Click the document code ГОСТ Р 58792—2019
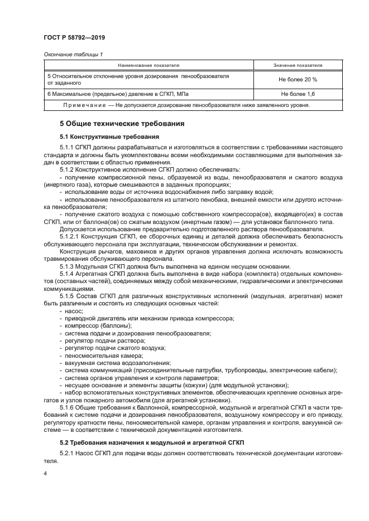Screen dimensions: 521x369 [x=75, y=37]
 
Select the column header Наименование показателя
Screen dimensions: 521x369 [x=147, y=65]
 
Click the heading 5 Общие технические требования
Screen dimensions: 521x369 [x=122, y=123]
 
